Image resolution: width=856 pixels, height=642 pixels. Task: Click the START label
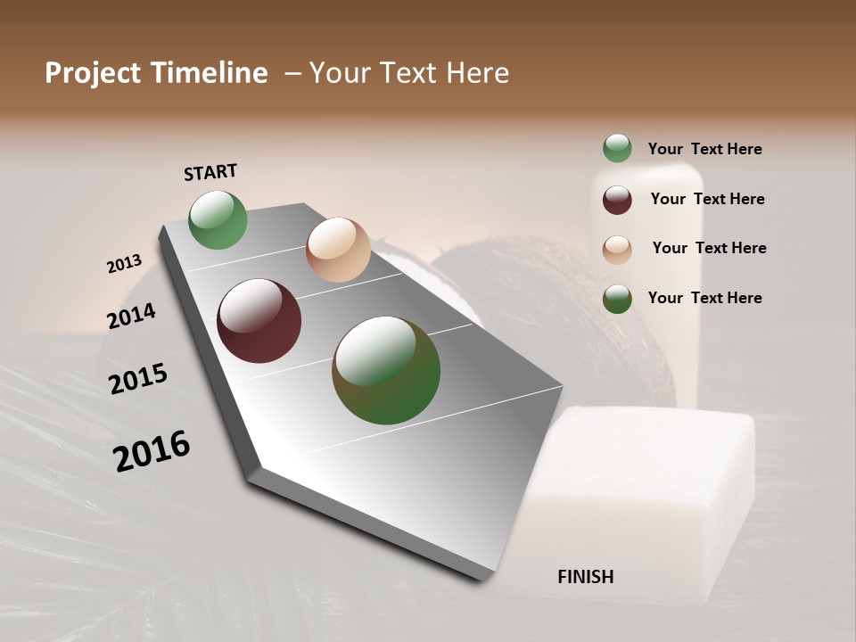[x=210, y=172]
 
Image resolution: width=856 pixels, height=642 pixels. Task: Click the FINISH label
[x=585, y=577]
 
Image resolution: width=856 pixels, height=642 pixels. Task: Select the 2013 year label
[x=124, y=264]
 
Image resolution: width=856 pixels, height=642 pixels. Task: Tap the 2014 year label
[x=131, y=317]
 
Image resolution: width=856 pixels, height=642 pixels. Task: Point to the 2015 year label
[x=138, y=379]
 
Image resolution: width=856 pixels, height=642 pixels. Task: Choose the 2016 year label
[x=152, y=450]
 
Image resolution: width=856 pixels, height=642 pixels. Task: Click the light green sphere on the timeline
[x=218, y=220]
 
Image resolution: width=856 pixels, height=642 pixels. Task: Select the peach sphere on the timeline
[x=338, y=250]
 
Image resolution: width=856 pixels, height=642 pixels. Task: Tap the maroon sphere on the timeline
[x=259, y=321]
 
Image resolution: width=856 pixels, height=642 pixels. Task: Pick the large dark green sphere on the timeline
[x=386, y=370]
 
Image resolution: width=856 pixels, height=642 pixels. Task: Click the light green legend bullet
[x=617, y=149]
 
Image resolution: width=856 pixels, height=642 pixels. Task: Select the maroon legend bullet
[x=617, y=200]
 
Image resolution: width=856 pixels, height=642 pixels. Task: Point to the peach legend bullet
[x=617, y=250]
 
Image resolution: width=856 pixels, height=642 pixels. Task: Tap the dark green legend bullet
[x=617, y=299]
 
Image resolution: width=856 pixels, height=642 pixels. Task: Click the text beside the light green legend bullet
[x=704, y=150]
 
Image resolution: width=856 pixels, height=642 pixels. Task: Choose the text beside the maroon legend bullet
[x=707, y=199]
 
